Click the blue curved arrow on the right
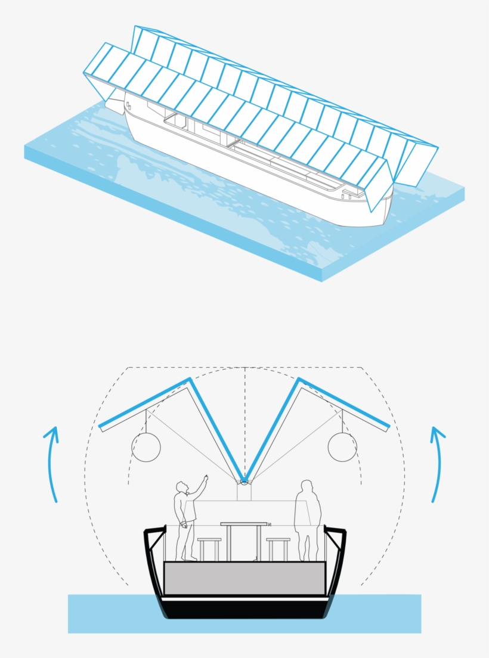[x=441, y=465]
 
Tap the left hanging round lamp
[x=146, y=447]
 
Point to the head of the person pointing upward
[x=182, y=487]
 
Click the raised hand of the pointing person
[x=206, y=477]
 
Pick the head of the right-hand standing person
[x=307, y=486]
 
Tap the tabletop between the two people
[x=244, y=524]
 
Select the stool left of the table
[x=209, y=541]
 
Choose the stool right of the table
[x=278, y=541]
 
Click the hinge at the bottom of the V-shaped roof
[x=244, y=481]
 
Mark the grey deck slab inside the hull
[x=244, y=578]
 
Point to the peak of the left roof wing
[x=190, y=379]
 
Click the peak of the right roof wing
[x=298, y=379]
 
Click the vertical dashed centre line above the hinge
[x=244, y=417]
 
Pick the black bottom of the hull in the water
[x=244, y=609]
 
